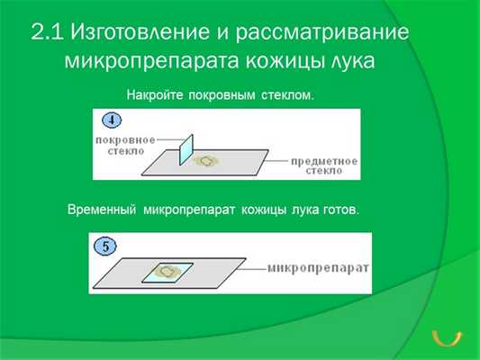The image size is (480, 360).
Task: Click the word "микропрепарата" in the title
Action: [148, 62]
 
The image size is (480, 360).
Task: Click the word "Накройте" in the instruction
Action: [155, 94]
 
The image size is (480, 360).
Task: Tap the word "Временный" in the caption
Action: [101, 209]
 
